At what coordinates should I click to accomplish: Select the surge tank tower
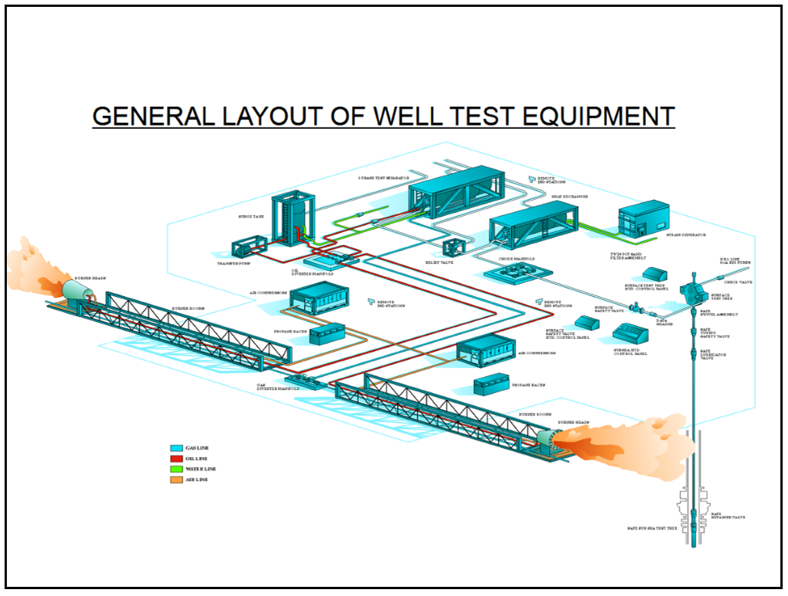tap(293, 218)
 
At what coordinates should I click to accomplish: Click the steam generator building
tap(642, 217)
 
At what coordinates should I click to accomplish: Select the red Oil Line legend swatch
tap(176, 459)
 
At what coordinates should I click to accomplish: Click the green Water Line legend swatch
tap(176, 469)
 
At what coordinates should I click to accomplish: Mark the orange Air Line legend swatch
tap(176, 479)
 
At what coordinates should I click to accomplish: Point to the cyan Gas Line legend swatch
tap(176, 448)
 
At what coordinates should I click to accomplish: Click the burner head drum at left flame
tap(76, 291)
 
